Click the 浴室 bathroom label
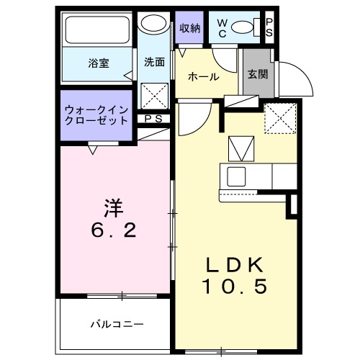tap(99, 63)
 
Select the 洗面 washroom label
tap(153, 62)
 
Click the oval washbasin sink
tap(153, 24)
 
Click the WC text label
tap(221, 27)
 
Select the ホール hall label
tap(204, 76)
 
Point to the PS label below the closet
tap(152, 119)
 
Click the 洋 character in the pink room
tap(114, 209)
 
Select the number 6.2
tap(114, 232)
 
